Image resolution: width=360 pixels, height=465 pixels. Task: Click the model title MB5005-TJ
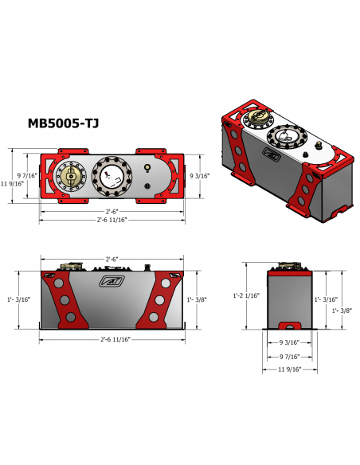click(63, 123)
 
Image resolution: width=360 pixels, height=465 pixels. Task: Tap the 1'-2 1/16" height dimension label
click(246, 295)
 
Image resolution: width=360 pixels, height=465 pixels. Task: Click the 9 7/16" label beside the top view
click(27, 175)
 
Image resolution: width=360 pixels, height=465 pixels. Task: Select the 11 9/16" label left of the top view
click(12, 184)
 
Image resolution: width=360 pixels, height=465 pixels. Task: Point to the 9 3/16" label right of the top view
click(200, 176)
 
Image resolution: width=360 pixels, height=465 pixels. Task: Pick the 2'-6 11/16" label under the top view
click(112, 220)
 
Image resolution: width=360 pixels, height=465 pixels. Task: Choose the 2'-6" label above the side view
click(112, 259)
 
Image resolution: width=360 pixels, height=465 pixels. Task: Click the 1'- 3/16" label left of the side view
click(19, 299)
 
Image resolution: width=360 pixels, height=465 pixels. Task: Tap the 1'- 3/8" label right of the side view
click(197, 299)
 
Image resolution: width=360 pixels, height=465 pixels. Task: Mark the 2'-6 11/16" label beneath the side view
click(115, 339)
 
